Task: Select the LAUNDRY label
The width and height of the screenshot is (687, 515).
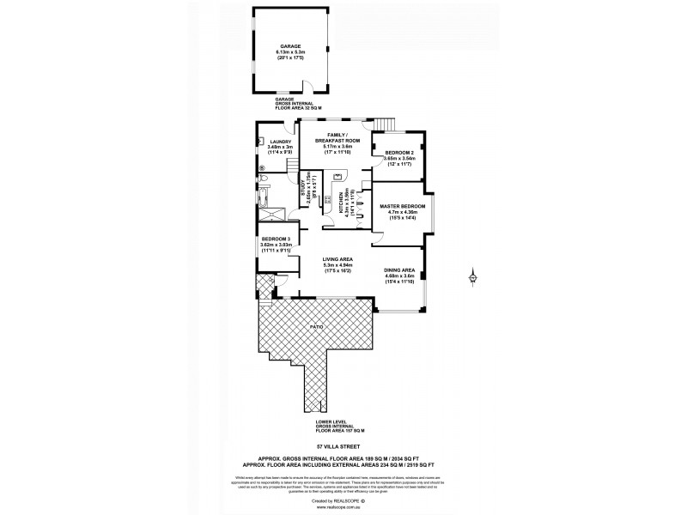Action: (x=281, y=142)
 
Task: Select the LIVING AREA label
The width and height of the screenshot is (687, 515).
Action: (x=337, y=258)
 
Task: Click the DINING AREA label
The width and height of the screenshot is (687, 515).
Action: (x=399, y=270)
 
